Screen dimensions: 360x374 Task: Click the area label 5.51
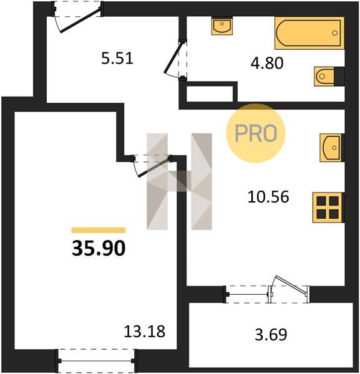pos(117,59)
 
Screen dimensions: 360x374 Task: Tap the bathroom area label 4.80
pos(267,63)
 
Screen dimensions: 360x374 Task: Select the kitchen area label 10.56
pos(268,197)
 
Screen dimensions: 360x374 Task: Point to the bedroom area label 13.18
pos(144,332)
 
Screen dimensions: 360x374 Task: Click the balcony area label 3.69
pos(271,334)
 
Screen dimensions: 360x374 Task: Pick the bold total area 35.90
pos(99,248)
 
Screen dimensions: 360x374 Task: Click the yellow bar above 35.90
pos(99,230)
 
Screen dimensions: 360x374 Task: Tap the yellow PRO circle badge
pos(256,133)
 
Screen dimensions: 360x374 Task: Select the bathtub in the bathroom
pos(309,33)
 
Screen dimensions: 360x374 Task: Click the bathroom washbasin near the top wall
pos(222,26)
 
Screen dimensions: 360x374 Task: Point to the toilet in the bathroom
pos(329,76)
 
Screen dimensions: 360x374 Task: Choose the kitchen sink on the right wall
pos(332,148)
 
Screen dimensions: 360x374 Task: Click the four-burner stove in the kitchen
pos(328,208)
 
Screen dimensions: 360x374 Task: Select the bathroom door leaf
pos(173,57)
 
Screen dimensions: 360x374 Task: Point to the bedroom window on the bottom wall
pos(96,361)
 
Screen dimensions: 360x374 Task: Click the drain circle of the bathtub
pos(334,33)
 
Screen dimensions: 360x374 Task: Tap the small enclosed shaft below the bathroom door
pos(210,93)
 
